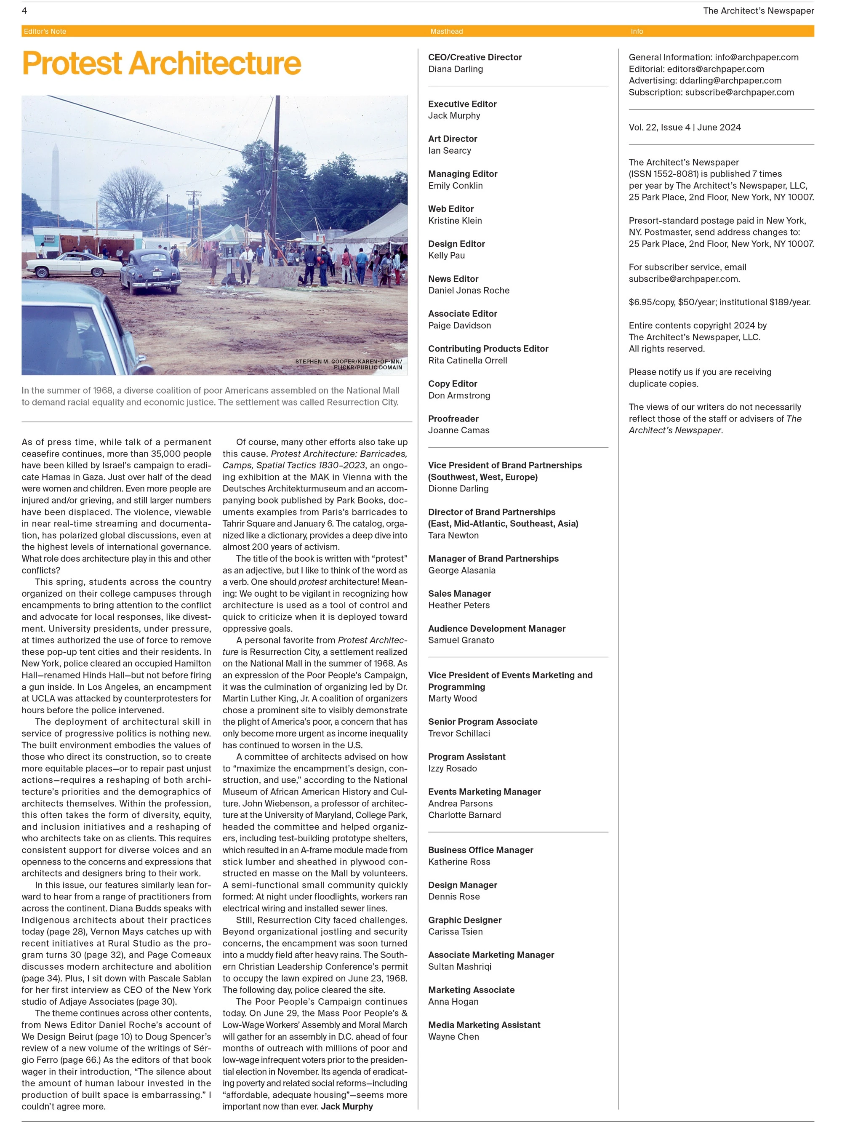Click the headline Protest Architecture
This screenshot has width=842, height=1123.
click(161, 64)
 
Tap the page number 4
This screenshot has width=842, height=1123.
click(24, 11)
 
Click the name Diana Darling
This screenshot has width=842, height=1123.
click(455, 69)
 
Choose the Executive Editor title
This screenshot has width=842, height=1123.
click(462, 104)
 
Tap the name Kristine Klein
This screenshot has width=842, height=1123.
click(455, 220)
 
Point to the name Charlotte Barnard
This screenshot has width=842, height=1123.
click(464, 815)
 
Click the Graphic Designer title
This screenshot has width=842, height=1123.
click(464, 920)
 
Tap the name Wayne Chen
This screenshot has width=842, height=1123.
click(453, 1037)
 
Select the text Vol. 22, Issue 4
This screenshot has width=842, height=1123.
click(659, 128)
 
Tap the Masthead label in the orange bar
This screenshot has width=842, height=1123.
click(446, 32)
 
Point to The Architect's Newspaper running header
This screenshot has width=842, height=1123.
click(758, 11)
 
